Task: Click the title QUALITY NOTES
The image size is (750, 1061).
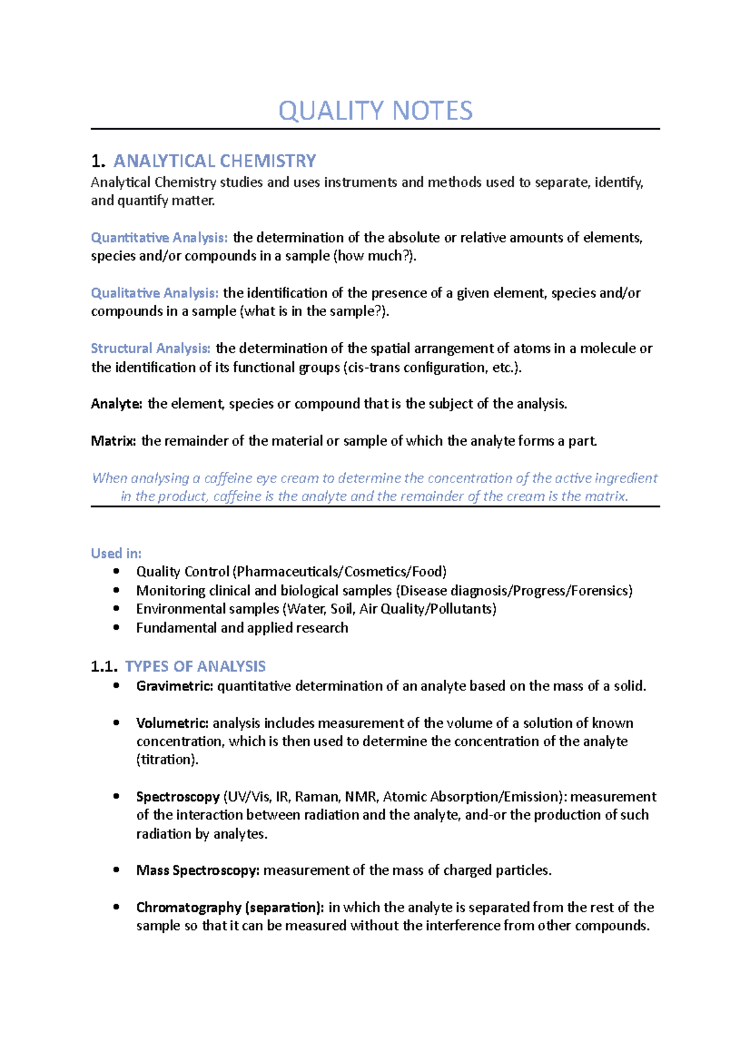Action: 375,111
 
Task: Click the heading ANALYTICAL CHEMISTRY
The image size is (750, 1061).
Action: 214,161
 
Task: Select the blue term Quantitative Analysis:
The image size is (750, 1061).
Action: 159,238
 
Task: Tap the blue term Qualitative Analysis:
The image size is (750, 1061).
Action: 154,293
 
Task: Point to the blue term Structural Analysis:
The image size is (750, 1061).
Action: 151,349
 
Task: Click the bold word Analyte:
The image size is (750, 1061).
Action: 116,404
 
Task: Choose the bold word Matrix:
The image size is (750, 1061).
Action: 113,441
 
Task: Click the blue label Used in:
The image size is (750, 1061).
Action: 116,554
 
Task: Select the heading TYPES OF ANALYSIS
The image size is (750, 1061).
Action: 195,667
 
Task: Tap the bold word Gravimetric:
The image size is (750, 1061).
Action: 174,686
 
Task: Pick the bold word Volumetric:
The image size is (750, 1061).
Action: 172,724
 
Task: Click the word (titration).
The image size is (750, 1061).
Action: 167,760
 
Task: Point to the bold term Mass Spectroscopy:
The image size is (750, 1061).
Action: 197,870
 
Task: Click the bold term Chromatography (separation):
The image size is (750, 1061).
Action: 230,907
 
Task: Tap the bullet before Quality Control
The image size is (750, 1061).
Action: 116,571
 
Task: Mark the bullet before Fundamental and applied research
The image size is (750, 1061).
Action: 116,627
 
